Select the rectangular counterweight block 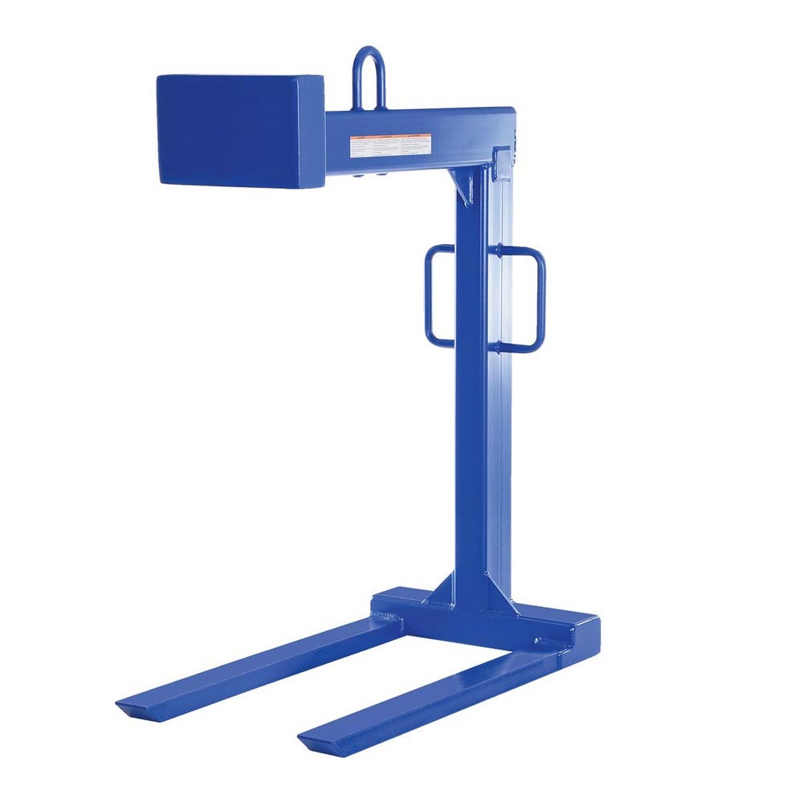(240, 130)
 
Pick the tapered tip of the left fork (133, 707)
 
